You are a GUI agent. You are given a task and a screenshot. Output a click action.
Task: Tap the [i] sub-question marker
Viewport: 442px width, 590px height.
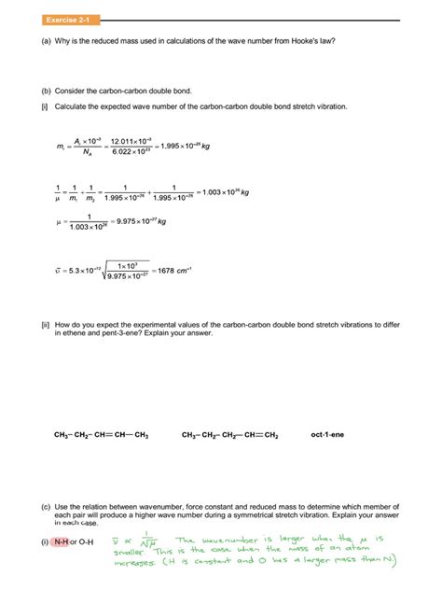pyautogui.click(x=44, y=106)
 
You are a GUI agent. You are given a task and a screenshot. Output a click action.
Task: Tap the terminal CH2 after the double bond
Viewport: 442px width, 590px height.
pyautogui.click(x=270, y=434)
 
